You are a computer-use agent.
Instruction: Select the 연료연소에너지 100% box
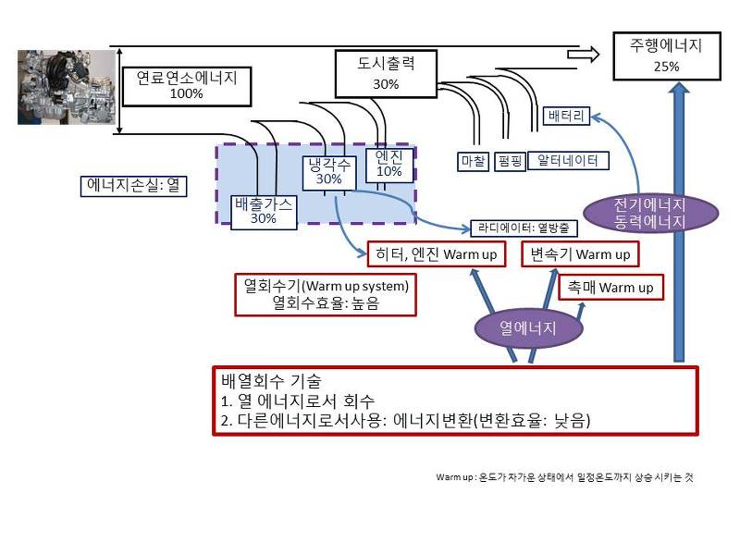187,85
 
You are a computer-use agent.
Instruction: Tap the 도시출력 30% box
386,74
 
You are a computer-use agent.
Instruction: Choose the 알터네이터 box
567,160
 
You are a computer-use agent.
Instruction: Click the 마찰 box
473,161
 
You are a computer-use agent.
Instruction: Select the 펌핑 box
510,161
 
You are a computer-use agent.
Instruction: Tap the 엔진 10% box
389,164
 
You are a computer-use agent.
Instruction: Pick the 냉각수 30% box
328,172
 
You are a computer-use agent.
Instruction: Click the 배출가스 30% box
264,212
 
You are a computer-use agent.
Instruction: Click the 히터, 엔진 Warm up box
436,254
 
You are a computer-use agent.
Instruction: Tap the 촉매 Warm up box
611,288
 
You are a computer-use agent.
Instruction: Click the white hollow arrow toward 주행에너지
583,55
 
